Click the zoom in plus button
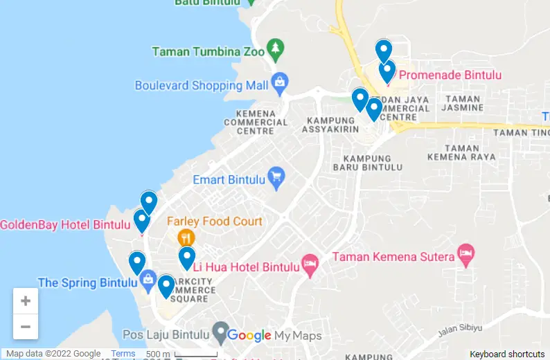tap(26, 301)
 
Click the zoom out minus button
tap(26, 327)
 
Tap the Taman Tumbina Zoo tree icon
tap(276, 48)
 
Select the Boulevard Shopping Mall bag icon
tap(279, 82)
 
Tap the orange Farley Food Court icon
tap(186, 238)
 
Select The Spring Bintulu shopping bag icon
tap(147, 280)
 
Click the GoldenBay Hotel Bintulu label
tap(65, 225)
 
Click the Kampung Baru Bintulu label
tap(367, 163)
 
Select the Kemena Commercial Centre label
tap(256, 122)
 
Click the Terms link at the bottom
tap(123, 354)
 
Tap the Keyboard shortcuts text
tap(507, 354)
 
